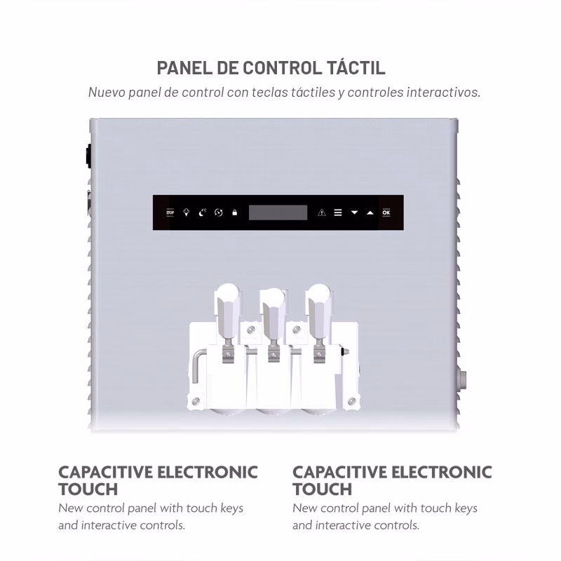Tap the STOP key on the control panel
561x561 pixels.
[x=170, y=212]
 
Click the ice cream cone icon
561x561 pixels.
[x=186, y=212]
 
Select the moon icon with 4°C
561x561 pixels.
[x=203, y=212]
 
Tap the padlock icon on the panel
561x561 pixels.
[x=235, y=212]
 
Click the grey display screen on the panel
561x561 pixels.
[x=278, y=212]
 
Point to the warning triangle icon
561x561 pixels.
[x=322, y=212]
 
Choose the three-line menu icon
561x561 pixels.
[x=338, y=212]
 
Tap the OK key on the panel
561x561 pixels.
[x=386, y=212]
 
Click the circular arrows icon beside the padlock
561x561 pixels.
[x=219, y=212]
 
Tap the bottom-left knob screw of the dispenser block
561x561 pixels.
[x=196, y=401]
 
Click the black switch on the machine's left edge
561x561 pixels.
[x=88, y=156]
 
